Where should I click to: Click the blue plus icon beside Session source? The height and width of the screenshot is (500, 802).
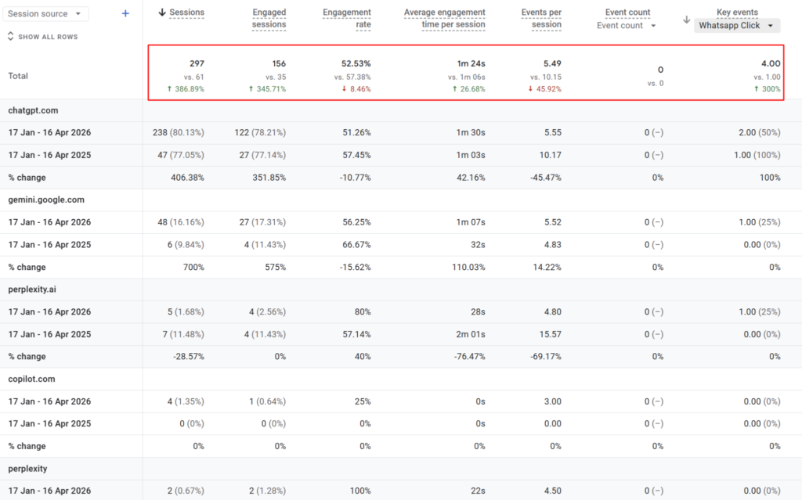coord(125,13)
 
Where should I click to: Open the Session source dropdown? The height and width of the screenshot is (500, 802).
coord(47,14)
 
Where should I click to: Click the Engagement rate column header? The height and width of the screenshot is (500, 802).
coord(347,18)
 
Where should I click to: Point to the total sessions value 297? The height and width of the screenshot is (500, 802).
coord(197,63)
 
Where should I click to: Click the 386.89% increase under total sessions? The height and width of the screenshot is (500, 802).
coord(186,89)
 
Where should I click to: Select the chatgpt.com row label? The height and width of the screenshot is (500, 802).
coord(33,110)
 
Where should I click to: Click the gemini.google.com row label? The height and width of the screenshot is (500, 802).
coord(46,200)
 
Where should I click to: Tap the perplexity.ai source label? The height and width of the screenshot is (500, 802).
coord(32,290)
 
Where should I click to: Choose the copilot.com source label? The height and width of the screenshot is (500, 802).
coord(32,379)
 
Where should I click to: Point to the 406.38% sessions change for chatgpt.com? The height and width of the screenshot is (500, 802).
coord(187,178)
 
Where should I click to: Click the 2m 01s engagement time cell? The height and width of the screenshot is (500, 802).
coord(471,334)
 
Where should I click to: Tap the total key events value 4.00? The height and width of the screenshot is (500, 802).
coord(770,63)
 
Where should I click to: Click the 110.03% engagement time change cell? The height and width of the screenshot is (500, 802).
coord(468,267)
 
